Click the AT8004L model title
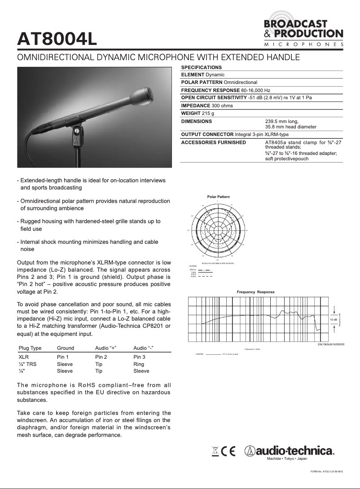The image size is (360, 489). [57, 39]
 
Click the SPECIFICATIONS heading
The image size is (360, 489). [201, 67]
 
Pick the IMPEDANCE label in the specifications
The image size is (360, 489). [196, 106]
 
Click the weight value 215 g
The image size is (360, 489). [207, 113]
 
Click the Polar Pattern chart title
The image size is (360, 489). [218, 197]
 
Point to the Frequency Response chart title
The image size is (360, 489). [255, 292]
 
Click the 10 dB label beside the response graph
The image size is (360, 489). [334, 319]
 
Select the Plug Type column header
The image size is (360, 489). [30, 348]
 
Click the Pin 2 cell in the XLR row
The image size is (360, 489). [101, 357]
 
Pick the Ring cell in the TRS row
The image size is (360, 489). [139, 364]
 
